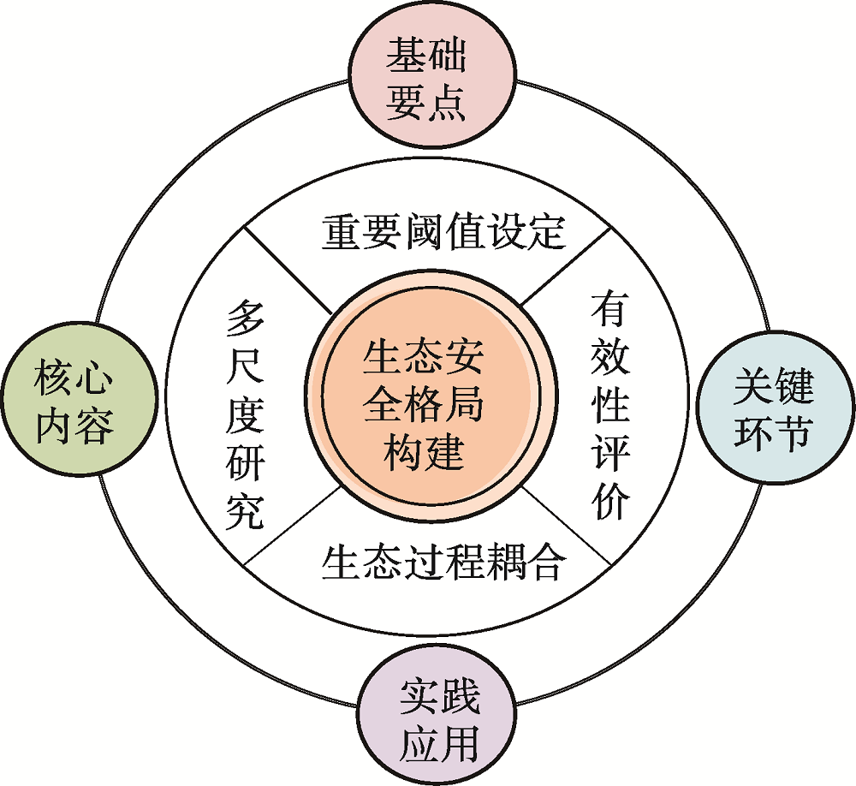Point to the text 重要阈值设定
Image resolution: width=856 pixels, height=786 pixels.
[x=443, y=231]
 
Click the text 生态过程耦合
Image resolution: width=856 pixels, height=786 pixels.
[x=443, y=563]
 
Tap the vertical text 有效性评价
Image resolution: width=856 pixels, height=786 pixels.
[x=610, y=407]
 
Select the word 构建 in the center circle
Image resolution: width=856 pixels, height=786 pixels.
[x=424, y=450]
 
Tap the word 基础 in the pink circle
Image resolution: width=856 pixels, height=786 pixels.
[x=425, y=57]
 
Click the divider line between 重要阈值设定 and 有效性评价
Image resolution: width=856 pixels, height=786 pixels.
[x=565, y=265]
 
